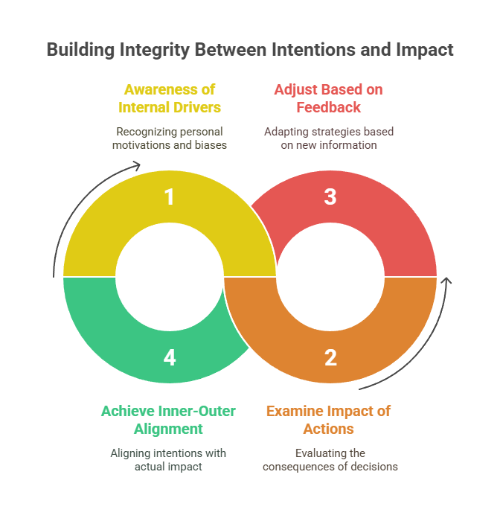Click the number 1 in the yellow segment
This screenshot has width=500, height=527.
pos(170,197)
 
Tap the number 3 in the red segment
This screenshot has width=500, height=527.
pos(330,197)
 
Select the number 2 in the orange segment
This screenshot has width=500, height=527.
pos(330,357)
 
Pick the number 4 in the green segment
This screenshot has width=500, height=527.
pos(170,357)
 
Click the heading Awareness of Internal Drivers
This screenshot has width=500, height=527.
pos(170,98)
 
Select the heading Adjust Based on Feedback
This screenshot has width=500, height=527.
pos(329,98)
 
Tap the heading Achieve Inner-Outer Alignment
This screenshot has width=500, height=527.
pos(168,420)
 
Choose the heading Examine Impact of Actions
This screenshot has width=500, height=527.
pos(329,420)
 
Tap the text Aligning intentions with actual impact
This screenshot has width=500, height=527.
pos(168,460)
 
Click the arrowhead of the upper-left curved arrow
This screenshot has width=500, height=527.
pos(137,166)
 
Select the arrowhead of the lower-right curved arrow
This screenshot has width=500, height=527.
pos(446,281)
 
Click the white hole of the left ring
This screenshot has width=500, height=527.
pos(170,277)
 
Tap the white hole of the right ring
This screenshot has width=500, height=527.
pos(330,277)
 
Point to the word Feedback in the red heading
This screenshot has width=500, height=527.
pos(329,107)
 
